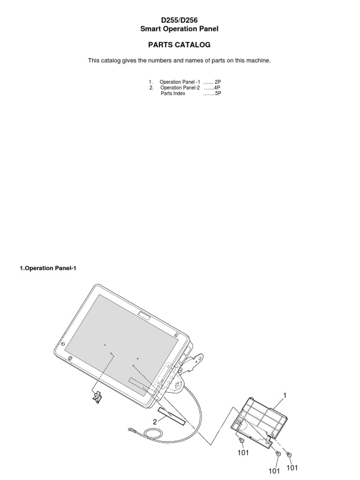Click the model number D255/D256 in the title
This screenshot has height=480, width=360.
pyautogui.click(x=180, y=20)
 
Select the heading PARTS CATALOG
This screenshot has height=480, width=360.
pyautogui.click(x=180, y=45)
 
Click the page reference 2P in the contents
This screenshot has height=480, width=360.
pyautogui.click(x=217, y=82)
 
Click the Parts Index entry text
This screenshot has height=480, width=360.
pyautogui.click(x=173, y=93)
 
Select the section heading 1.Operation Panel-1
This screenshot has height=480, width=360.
pyautogui.click(x=47, y=268)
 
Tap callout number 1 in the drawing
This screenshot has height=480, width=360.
pyautogui.click(x=284, y=396)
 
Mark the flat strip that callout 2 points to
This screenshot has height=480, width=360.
pyautogui.click(x=172, y=414)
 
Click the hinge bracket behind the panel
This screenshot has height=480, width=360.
pyautogui.click(x=195, y=360)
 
